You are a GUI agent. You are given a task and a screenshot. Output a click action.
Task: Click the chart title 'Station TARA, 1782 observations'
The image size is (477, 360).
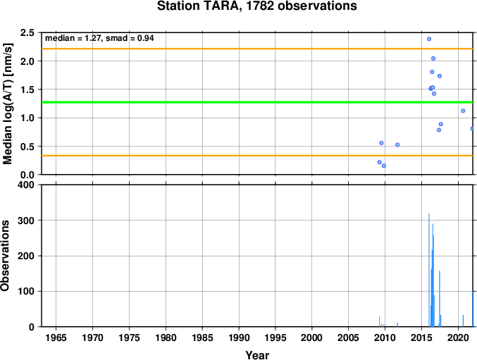(256, 6)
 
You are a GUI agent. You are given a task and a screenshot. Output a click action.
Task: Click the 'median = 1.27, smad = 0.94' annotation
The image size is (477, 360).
(99, 38)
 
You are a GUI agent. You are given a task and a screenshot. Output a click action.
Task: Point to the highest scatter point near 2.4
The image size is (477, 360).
(429, 39)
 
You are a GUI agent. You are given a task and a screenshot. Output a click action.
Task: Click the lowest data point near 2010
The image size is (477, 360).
(384, 166)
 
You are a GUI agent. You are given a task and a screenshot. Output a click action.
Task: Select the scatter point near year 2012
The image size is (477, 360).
(397, 144)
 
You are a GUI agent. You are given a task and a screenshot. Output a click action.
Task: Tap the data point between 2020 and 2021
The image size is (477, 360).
(463, 111)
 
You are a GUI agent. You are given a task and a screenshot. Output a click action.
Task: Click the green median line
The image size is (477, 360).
(257, 102)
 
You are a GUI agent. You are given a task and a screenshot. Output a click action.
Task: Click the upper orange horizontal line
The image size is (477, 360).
(257, 49)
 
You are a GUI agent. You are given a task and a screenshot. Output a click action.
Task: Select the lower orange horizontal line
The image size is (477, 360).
(257, 156)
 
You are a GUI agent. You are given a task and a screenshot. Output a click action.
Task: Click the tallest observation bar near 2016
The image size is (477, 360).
(429, 270)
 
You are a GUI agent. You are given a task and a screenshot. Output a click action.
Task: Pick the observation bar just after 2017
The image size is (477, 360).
(439, 299)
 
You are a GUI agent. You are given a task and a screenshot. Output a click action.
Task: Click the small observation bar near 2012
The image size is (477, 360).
(397, 325)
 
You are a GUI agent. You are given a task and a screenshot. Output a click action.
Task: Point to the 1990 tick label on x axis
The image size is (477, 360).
(239, 337)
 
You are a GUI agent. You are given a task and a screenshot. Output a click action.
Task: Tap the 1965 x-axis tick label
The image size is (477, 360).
(56, 337)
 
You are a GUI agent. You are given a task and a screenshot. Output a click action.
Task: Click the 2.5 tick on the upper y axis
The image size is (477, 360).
(27, 32)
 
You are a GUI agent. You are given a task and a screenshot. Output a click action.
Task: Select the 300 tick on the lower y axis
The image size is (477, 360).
(26, 220)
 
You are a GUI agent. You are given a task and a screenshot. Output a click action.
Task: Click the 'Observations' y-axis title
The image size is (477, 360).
(5, 256)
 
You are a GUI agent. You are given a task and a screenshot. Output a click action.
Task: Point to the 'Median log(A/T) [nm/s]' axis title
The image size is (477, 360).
(7, 104)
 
